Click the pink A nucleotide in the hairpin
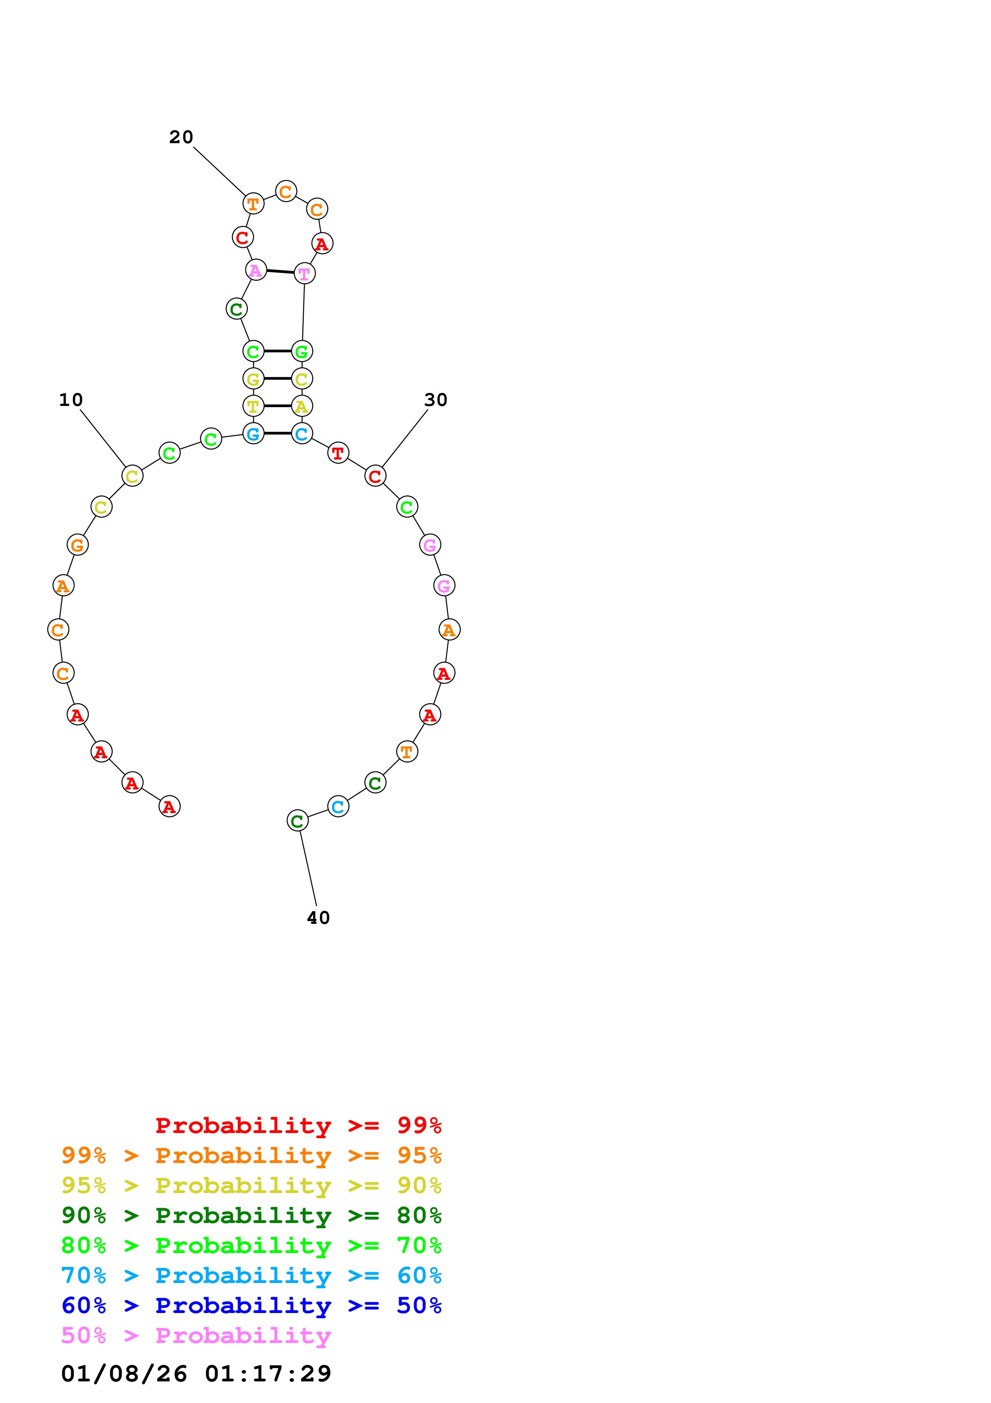tap(256, 270)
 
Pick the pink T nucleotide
tap(304, 273)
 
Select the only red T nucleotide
tap(338, 453)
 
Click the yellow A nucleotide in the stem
tap(302, 406)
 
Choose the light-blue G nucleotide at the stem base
tap(253, 433)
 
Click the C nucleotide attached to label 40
tap(297, 821)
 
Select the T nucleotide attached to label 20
tap(253, 204)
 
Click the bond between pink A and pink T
tap(280, 271)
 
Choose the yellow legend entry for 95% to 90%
tap(251, 1185)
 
